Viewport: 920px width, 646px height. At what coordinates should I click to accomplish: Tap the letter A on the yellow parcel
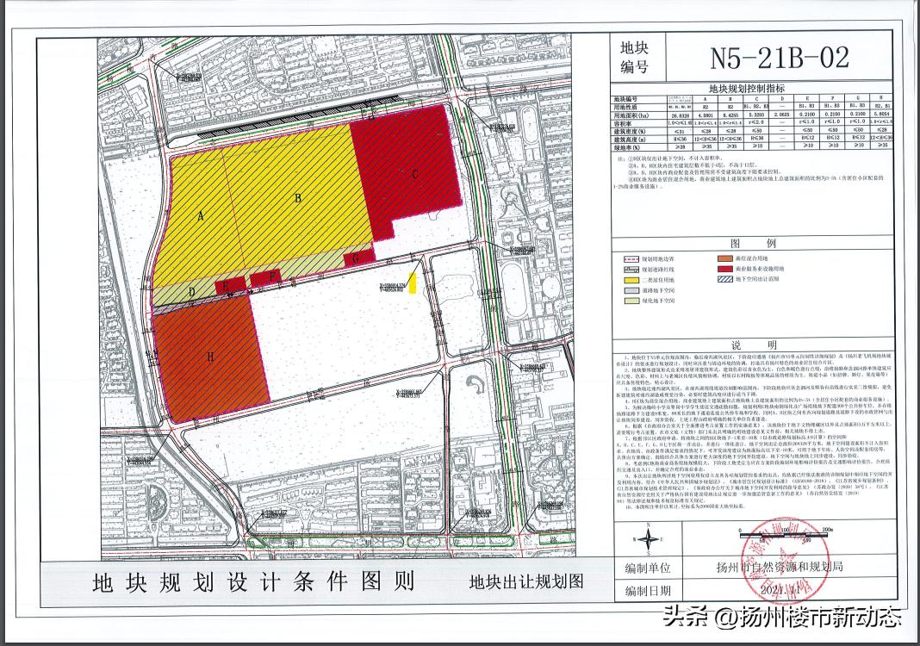pos(201,218)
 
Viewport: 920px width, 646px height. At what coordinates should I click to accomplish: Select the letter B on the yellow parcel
pos(297,197)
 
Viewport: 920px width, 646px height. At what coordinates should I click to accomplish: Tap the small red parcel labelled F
pos(272,276)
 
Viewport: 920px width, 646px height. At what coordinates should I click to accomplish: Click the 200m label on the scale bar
pos(828,531)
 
